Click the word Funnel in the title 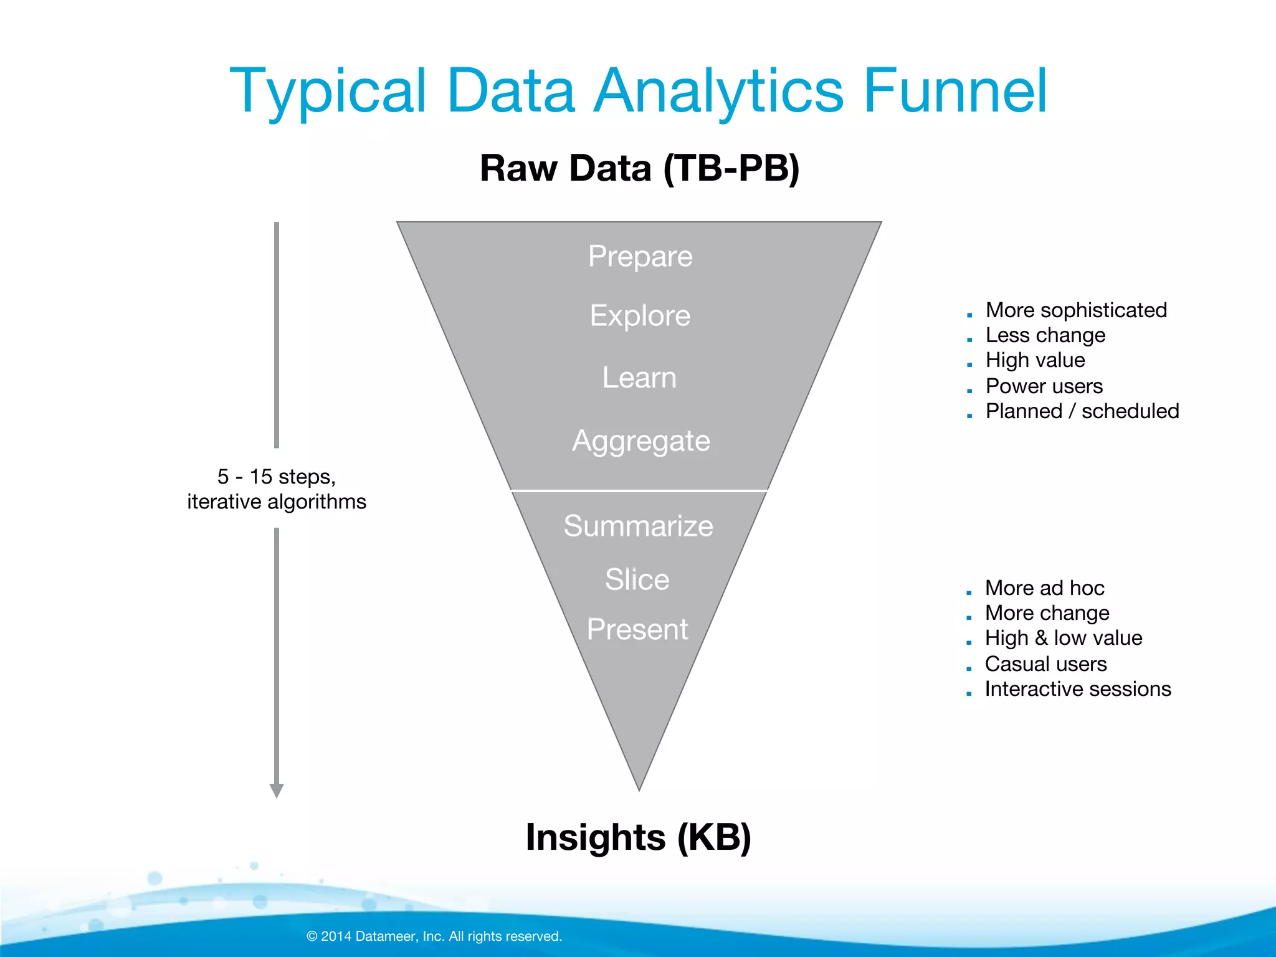pyautogui.click(x=955, y=92)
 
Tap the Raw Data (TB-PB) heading pyautogui.click(x=639, y=168)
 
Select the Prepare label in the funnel pyautogui.click(x=640, y=256)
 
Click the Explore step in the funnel pyautogui.click(x=640, y=316)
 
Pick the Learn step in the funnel pyautogui.click(x=639, y=378)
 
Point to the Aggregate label pyautogui.click(x=641, y=441)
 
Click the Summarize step pyautogui.click(x=639, y=526)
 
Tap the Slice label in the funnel pyautogui.click(x=637, y=579)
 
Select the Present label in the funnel pyautogui.click(x=637, y=629)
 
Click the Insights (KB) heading pyautogui.click(x=639, y=837)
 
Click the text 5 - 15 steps pyautogui.click(x=277, y=477)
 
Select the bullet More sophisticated pyautogui.click(x=1076, y=310)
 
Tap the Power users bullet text pyautogui.click(x=1044, y=386)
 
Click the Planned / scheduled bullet pyautogui.click(x=1082, y=411)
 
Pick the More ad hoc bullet pyautogui.click(x=1044, y=588)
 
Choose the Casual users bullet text pyautogui.click(x=1045, y=664)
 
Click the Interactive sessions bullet pyautogui.click(x=1078, y=689)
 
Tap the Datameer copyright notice pyautogui.click(x=434, y=936)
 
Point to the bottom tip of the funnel pyautogui.click(x=639, y=788)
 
